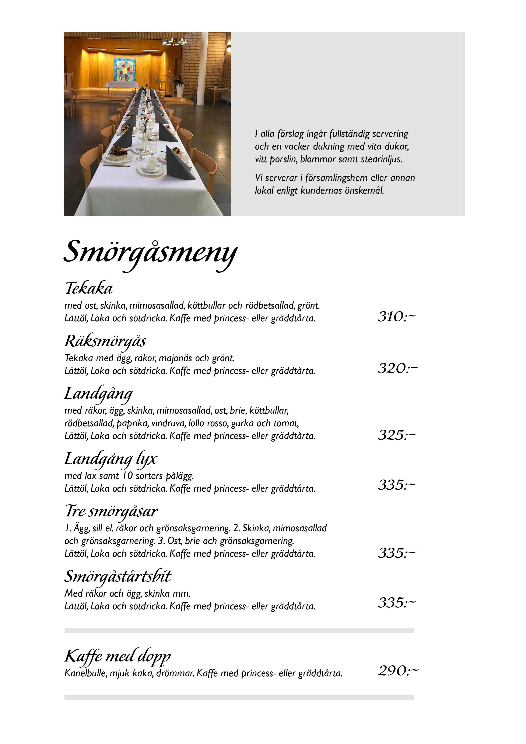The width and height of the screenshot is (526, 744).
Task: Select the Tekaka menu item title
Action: (x=89, y=288)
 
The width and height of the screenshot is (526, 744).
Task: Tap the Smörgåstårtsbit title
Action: (x=118, y=576)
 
